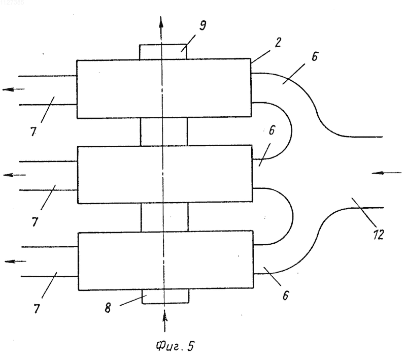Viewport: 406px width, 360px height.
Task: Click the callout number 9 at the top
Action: pyautogui.click(x=202, y=25)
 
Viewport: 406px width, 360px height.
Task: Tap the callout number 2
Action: pyautogui.click(x=278, y=43)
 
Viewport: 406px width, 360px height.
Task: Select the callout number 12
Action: pyautogui.click(x=378, y=235)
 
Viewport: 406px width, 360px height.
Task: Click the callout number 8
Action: pyautogui.click(x=108, y=308)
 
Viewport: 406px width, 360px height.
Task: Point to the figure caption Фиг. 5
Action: pyautogui.click(x=175, y=346)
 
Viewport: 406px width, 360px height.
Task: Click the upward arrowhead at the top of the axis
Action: pyautogui.click(x=161, y=22)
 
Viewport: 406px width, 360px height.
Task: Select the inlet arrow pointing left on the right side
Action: pyautogui.click(x=386, y=173)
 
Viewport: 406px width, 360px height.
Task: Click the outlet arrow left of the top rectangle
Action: pyautogui.click(x=14, y=89)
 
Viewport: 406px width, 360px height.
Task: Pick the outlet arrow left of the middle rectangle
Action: pyautogui.click(x=15, y=175)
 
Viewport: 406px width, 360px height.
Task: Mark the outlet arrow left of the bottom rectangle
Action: pyautogui.click(x=15, y=261)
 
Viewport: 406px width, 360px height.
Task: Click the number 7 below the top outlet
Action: pyautogui.click(x=33, y=132)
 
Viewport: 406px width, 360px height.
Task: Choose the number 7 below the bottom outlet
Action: pyautogui.click(x=37, y=309)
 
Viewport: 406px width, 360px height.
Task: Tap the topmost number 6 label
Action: pyautogui.click(x=314, y=56)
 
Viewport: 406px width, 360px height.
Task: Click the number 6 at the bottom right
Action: pyautogui.click(x=285, y=296)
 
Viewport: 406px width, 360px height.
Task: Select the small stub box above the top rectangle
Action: pyautogui.click(x=163, y=52)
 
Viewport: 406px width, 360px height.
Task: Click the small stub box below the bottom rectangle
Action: pyautogui.click(x=165, y=296)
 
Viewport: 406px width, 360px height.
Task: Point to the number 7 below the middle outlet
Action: pyautogui.click(x=35, y=222)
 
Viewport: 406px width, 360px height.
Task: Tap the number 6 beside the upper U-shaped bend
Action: pyautogui.click(x=272, y=130)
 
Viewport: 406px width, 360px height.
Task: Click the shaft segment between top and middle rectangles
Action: pyautogui.click(x=163, y=132)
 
